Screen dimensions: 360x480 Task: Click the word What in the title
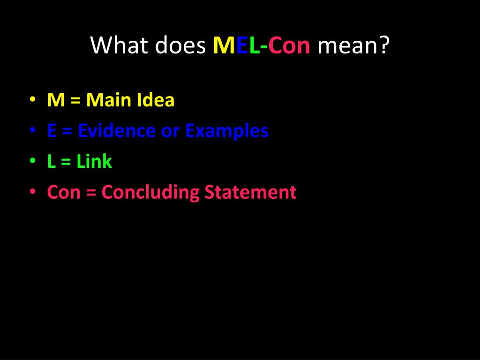pos(120,45)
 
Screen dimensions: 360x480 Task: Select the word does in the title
pos(180,45)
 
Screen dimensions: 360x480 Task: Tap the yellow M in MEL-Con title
pos(221,45)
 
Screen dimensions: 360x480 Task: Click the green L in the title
pos(254,45)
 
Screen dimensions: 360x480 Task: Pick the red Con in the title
pos(289,45)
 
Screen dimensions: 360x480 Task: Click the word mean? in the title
pos(353,45)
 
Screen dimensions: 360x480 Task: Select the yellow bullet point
pos(32,99)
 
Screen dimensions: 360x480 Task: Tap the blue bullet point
pos(32,130)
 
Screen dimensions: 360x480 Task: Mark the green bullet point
pos(32,161)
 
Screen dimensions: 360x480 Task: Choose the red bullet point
pos(32,192)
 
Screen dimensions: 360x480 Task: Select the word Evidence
pos(117,131)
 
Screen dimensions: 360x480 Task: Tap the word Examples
pos(226,131)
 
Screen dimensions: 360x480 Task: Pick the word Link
pos(94,162)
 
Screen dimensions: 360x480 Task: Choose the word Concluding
pos(150,193)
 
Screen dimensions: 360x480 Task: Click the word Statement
pos(251,193)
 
